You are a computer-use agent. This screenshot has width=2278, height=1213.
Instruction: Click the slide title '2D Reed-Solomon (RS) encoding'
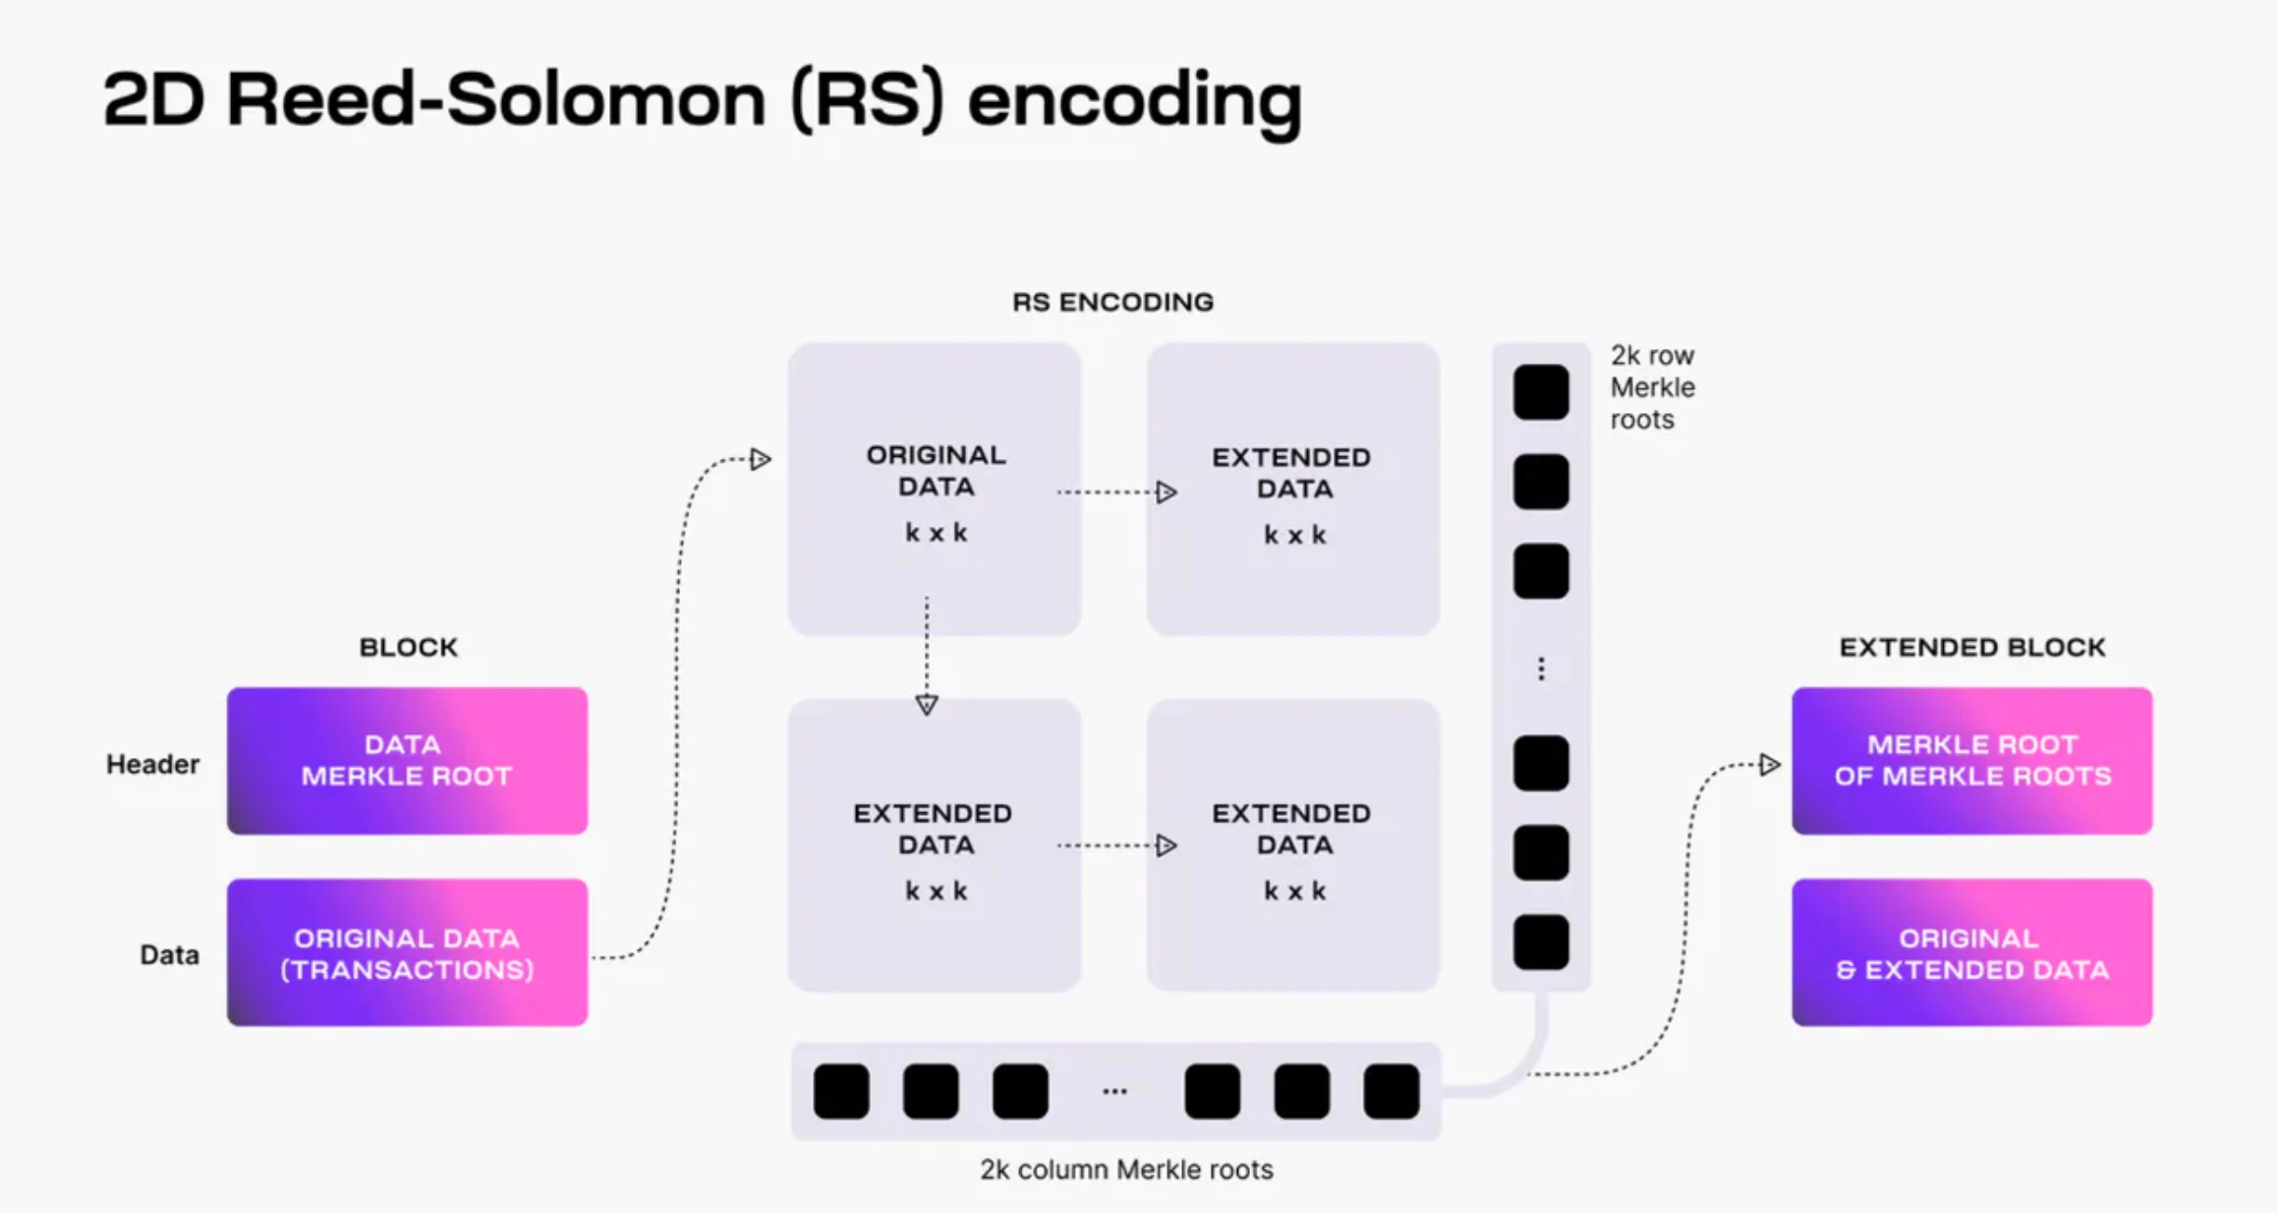point(702,100)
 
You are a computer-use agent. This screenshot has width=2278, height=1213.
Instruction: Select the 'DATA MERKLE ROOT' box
point(407,761)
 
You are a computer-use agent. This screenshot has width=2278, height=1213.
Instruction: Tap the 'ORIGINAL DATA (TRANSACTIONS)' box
point(407,953)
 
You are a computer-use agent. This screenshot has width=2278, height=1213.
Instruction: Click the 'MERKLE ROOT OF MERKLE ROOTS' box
point(1971,761)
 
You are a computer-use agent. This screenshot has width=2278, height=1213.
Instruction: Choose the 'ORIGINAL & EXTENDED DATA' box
point(1971,953)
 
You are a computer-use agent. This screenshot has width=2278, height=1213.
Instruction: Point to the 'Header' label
point(152,764)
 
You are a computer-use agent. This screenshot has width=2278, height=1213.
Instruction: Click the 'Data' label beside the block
point(169,954)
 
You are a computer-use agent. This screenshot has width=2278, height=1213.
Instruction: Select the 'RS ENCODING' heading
point(1112,302)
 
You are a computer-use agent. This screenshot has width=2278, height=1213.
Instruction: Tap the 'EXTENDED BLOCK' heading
point(1971,647)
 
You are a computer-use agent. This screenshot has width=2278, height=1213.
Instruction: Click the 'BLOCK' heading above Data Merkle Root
point(408,647)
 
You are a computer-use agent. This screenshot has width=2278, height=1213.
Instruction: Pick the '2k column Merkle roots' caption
point(1126,1169)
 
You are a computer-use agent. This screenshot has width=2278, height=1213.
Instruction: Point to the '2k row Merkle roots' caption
point(1652,387)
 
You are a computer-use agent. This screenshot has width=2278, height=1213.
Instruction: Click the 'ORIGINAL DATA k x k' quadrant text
point(936,491)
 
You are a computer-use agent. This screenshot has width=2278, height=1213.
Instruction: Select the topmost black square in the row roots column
point(1540,392)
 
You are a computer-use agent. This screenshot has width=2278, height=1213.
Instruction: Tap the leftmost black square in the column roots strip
point(841,1090)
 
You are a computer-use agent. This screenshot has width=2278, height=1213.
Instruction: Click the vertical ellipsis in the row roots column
point(1540,669)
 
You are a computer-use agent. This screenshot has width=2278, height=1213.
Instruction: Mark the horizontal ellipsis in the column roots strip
point(1114,1091)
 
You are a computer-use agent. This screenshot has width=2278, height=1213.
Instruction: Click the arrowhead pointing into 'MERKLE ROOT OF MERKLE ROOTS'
point(1769,764)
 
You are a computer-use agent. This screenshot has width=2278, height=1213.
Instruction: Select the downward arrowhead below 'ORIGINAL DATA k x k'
point(926,704)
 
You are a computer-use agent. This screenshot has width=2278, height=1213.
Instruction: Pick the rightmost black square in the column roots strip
point(1391,1090)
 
